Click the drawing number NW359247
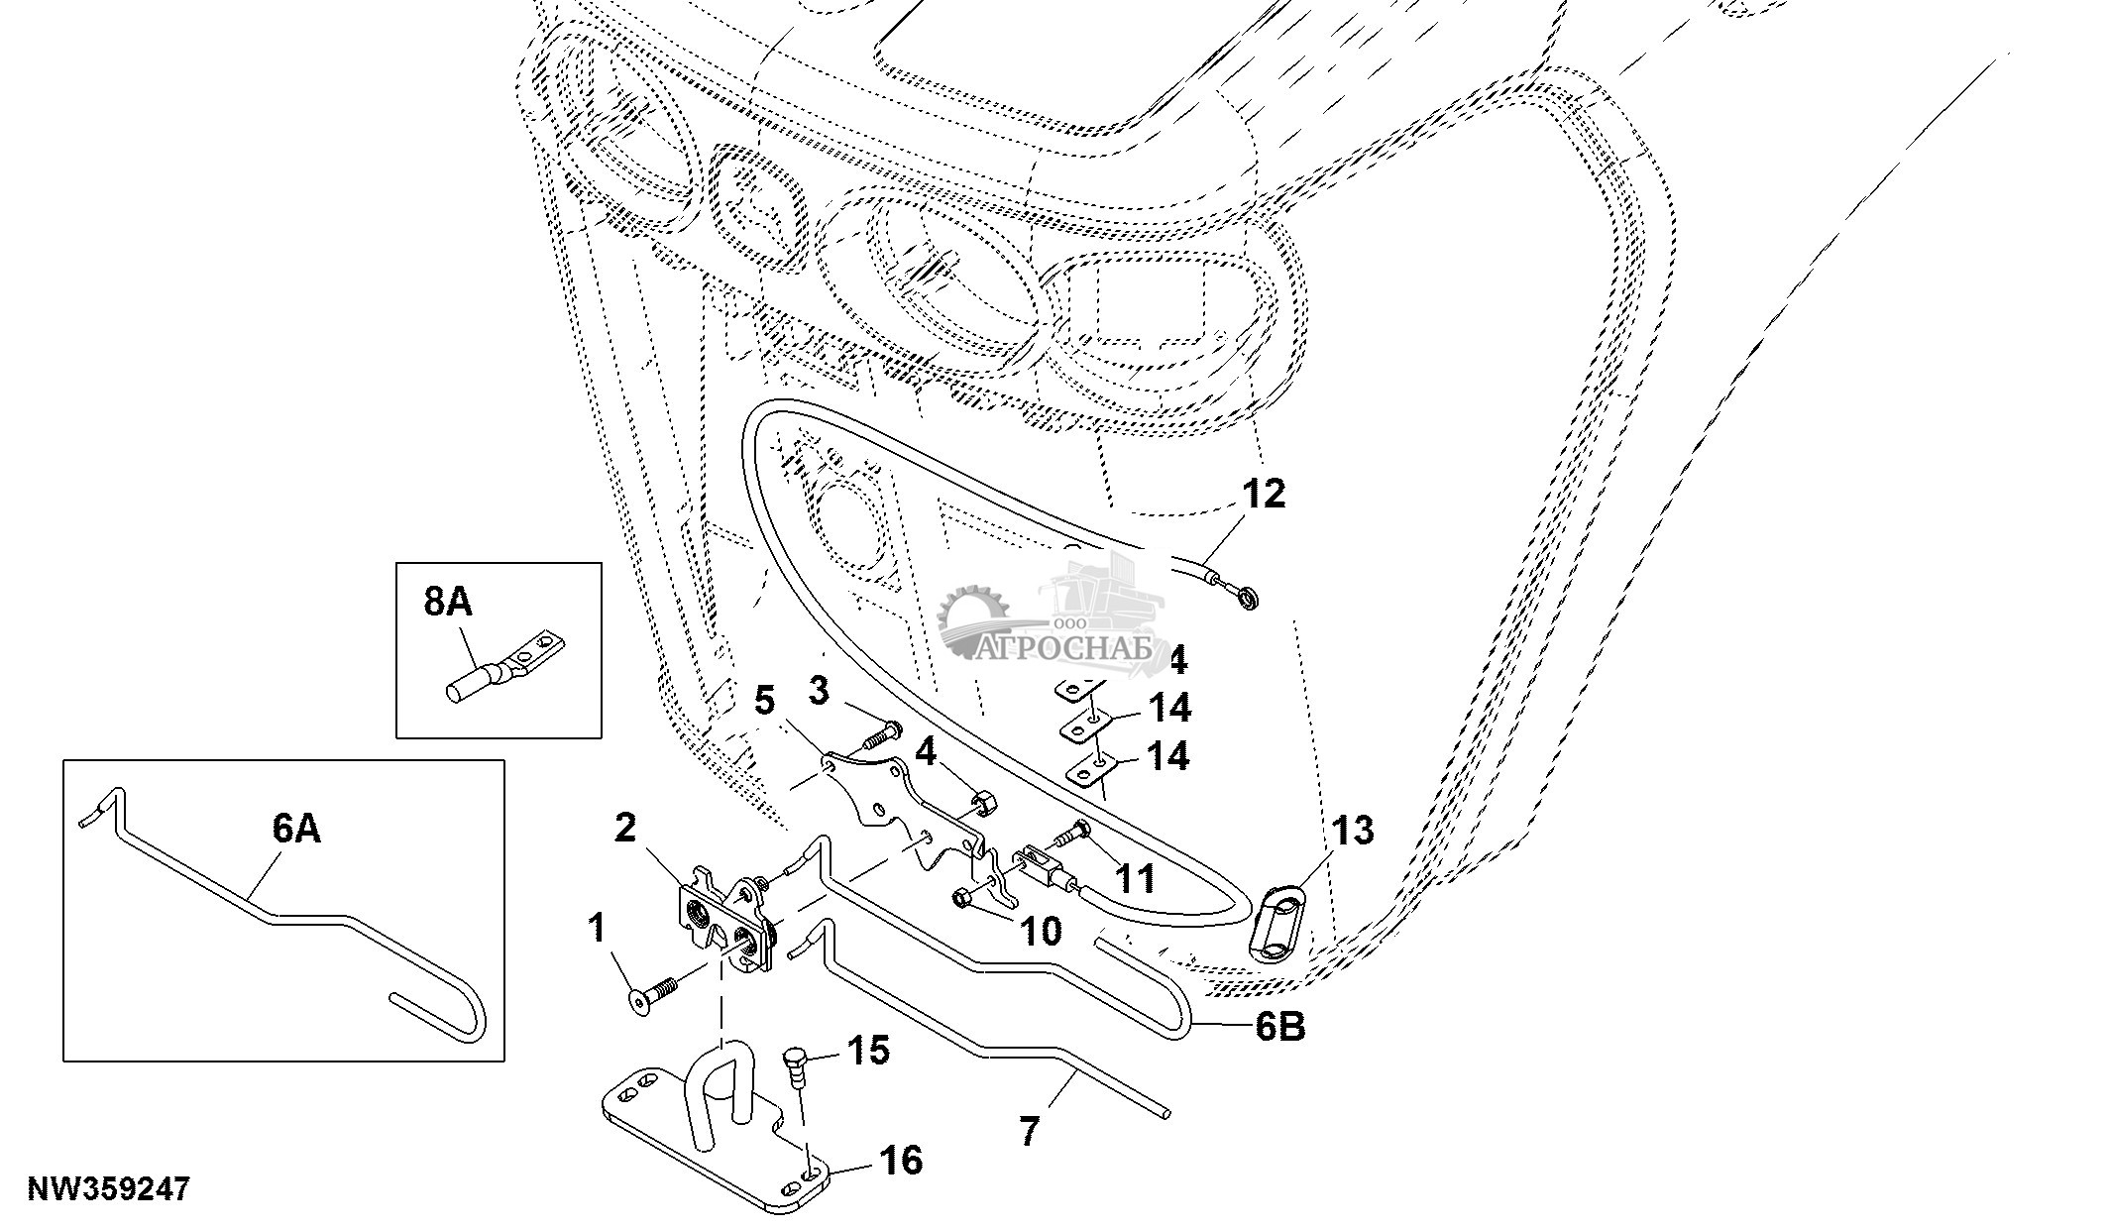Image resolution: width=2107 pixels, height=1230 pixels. (x=108, y=1189)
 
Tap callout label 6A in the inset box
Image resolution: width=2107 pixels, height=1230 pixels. (x=296, y=829)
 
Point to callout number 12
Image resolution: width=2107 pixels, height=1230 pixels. (x=1262, y=494)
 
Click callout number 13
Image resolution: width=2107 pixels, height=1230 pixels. (x=1353, y=831)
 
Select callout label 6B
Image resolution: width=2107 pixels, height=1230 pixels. (x=1279, y=1027)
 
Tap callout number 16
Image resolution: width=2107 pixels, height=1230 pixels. (x=900, y=1160)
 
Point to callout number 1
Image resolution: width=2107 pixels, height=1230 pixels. (x=596, y=930)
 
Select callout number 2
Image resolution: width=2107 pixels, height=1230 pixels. (x=625, y=829)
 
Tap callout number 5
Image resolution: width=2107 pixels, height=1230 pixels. (x=764, y=701)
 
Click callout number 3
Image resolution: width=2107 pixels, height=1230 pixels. (x=818, y=690)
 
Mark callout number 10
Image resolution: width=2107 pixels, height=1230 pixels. (x=1041, y=930)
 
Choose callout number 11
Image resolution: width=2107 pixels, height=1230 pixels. (x=1137, y=878)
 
